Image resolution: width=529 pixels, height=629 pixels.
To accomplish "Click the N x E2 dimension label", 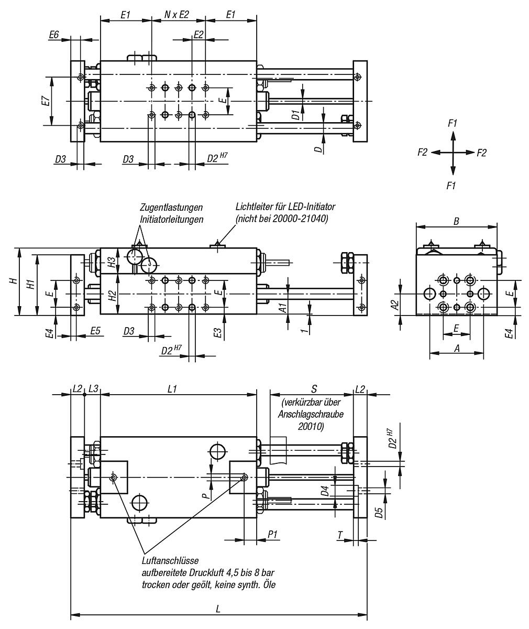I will (177, 15).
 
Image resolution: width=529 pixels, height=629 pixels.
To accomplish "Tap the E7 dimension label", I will (46, 101).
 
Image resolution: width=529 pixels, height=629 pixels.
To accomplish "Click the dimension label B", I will (456, 221).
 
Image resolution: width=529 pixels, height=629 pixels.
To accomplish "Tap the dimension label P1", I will (272, 534).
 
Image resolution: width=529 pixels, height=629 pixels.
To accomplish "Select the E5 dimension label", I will (95, 331).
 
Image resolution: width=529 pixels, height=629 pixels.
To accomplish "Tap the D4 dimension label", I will (325, 491).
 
